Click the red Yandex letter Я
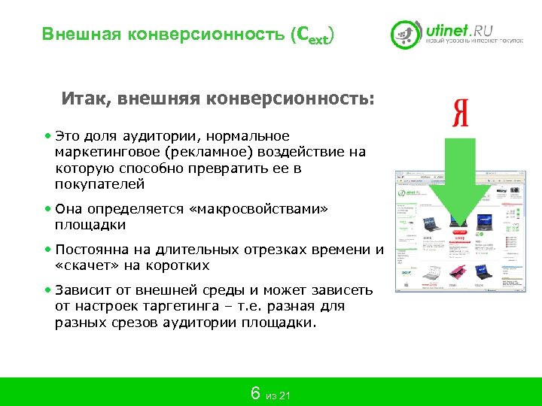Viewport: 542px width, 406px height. [x=461, y=113]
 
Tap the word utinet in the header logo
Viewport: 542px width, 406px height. [x=447, y=30]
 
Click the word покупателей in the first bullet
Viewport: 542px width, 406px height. [x=99, y=184]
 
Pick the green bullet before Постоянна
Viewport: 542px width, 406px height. [x=47, y=250]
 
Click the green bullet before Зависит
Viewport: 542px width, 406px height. [x=47, y=290]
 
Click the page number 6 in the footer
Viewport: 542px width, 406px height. [x=255, y=393]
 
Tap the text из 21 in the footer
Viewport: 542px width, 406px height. [x=278, y=396]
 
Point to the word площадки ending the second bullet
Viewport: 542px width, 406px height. [x=90, y=225]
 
